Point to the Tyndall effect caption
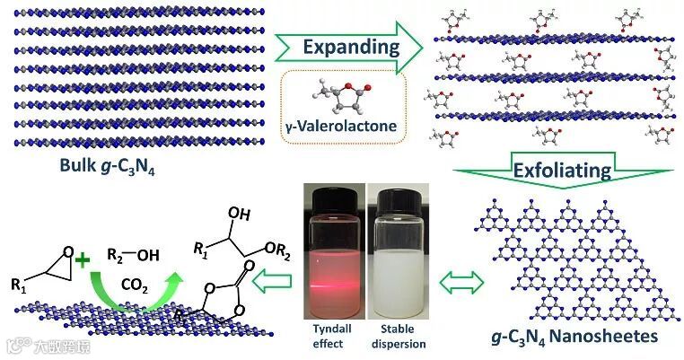click(334, 336)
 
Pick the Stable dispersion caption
click(399, 336)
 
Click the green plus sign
click(84, 262)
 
